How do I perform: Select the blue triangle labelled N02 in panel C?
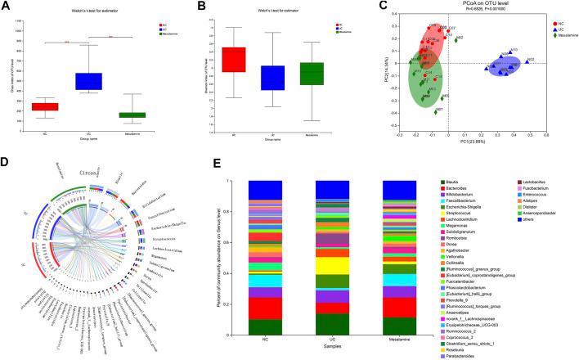tap(527, 61)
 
